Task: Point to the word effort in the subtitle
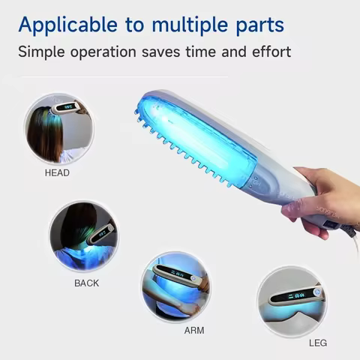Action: [268, 52]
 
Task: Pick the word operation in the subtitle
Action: [109, 52]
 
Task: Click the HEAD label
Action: [57, 172]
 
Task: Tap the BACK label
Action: [86, 283]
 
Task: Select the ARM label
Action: [193, 329]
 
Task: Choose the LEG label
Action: [318, 343]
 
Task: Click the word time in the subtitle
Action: [205, 52]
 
